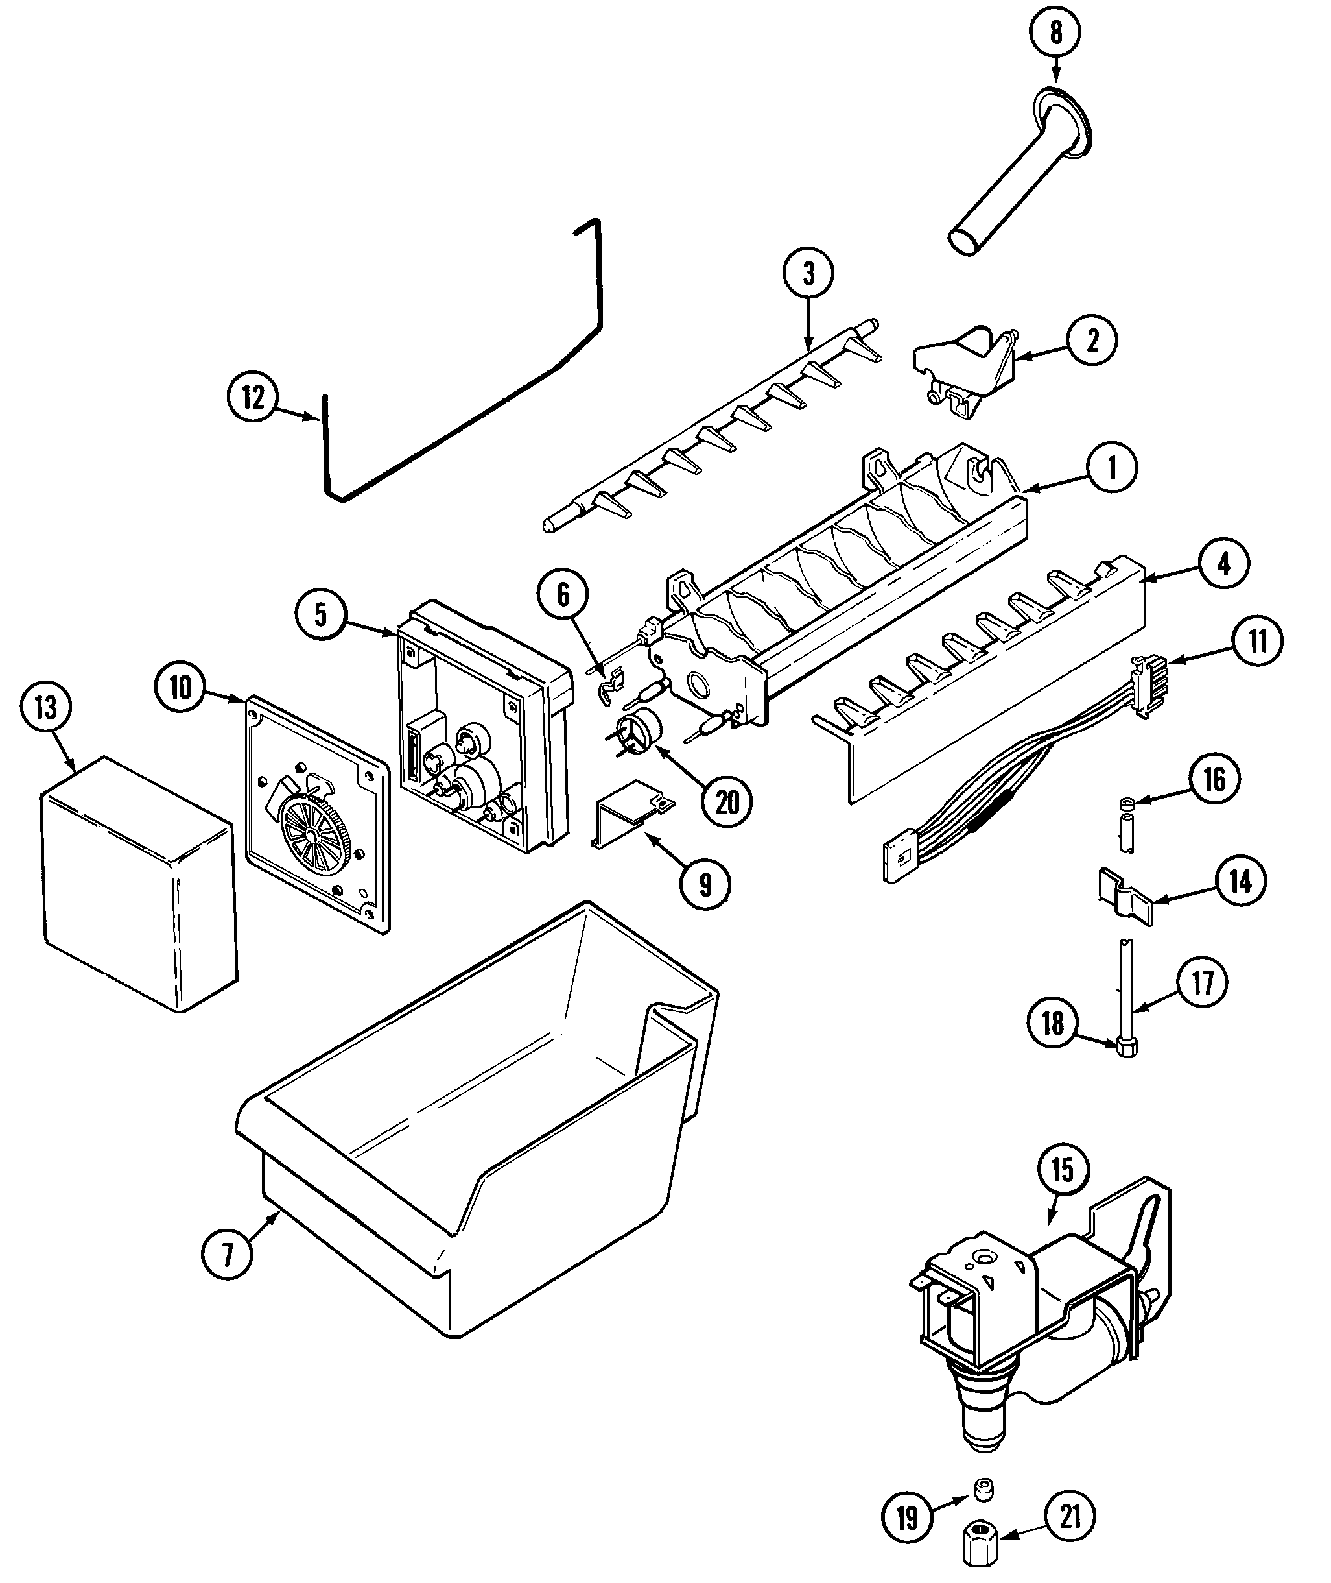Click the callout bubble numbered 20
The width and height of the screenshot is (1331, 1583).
pos(727,803)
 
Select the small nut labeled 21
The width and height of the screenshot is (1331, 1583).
pos(981,1549)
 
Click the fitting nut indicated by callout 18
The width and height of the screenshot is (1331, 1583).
pos(1127,1047)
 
